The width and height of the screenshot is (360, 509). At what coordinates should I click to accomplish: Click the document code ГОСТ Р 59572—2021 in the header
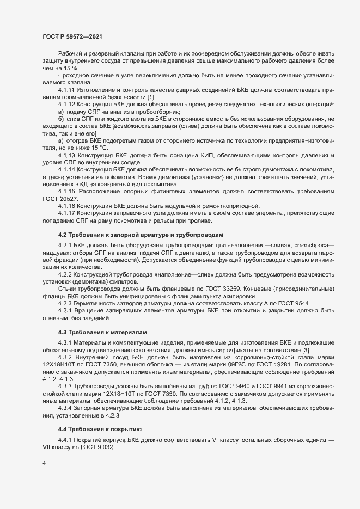click(x=71, y=36)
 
